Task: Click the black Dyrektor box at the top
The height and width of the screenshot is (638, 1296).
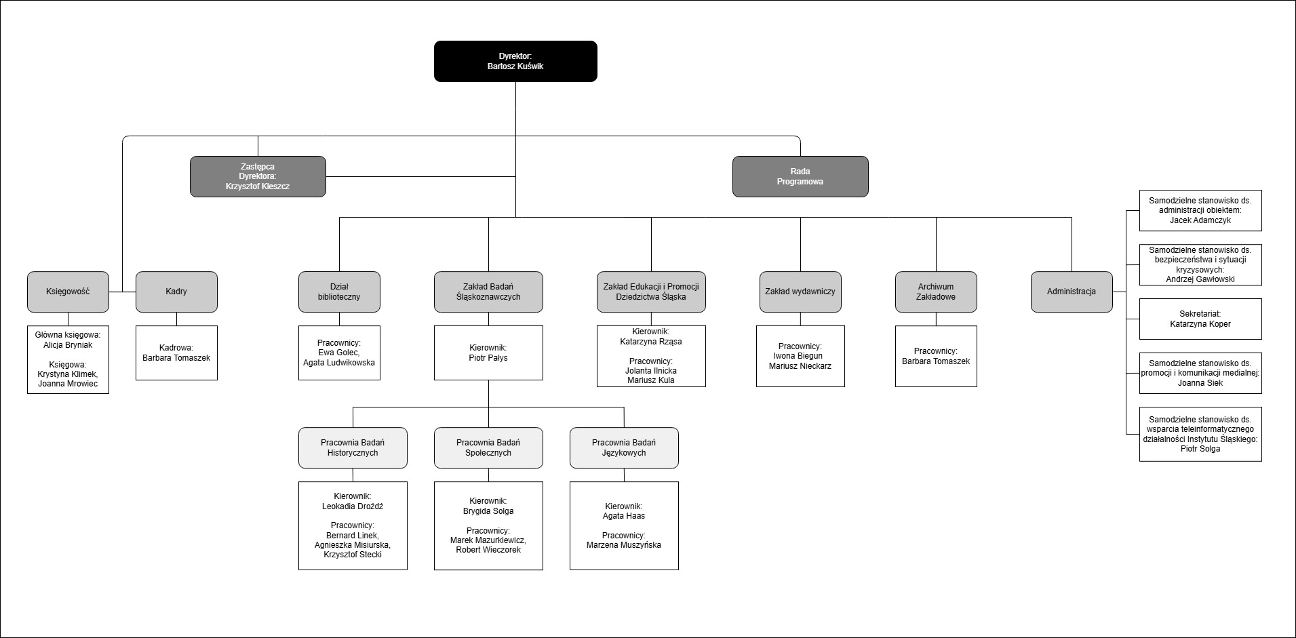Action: tap(515, 61)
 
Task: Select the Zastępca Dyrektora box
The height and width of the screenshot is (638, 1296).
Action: tap(258, 176)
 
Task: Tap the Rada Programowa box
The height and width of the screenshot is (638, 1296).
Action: tap(800, 176)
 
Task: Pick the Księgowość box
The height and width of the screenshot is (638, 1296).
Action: tap(68, 292)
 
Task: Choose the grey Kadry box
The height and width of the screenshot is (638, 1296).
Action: tap(176, 292)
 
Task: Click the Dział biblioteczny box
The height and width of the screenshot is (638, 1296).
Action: tap(339, 292)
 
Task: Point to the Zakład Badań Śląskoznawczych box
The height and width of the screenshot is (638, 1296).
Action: tap(488, 292)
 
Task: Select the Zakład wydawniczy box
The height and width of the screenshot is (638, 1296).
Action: tap(800, 292)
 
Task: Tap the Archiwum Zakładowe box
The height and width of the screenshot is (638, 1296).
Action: tap(936, 292)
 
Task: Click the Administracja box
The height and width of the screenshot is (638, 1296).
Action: tap(1072, 292)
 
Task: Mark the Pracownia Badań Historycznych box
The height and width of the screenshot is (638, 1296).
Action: tap(353, 447)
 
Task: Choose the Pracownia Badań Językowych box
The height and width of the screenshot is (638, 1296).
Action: tap(624, 447)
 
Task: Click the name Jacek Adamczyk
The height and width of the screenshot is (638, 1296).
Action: tap(1200, 220)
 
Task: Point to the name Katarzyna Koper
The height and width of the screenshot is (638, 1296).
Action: tap(1200, 324)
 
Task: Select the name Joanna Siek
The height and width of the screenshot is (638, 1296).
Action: tap(1200, 383)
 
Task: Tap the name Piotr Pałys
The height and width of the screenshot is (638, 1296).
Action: tap(488, 358)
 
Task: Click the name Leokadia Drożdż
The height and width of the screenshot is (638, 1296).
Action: tap(353, 506)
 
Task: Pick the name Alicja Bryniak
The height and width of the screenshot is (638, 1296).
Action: tap(68, 345)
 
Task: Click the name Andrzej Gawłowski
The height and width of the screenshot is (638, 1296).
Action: tap(1200, 279)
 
